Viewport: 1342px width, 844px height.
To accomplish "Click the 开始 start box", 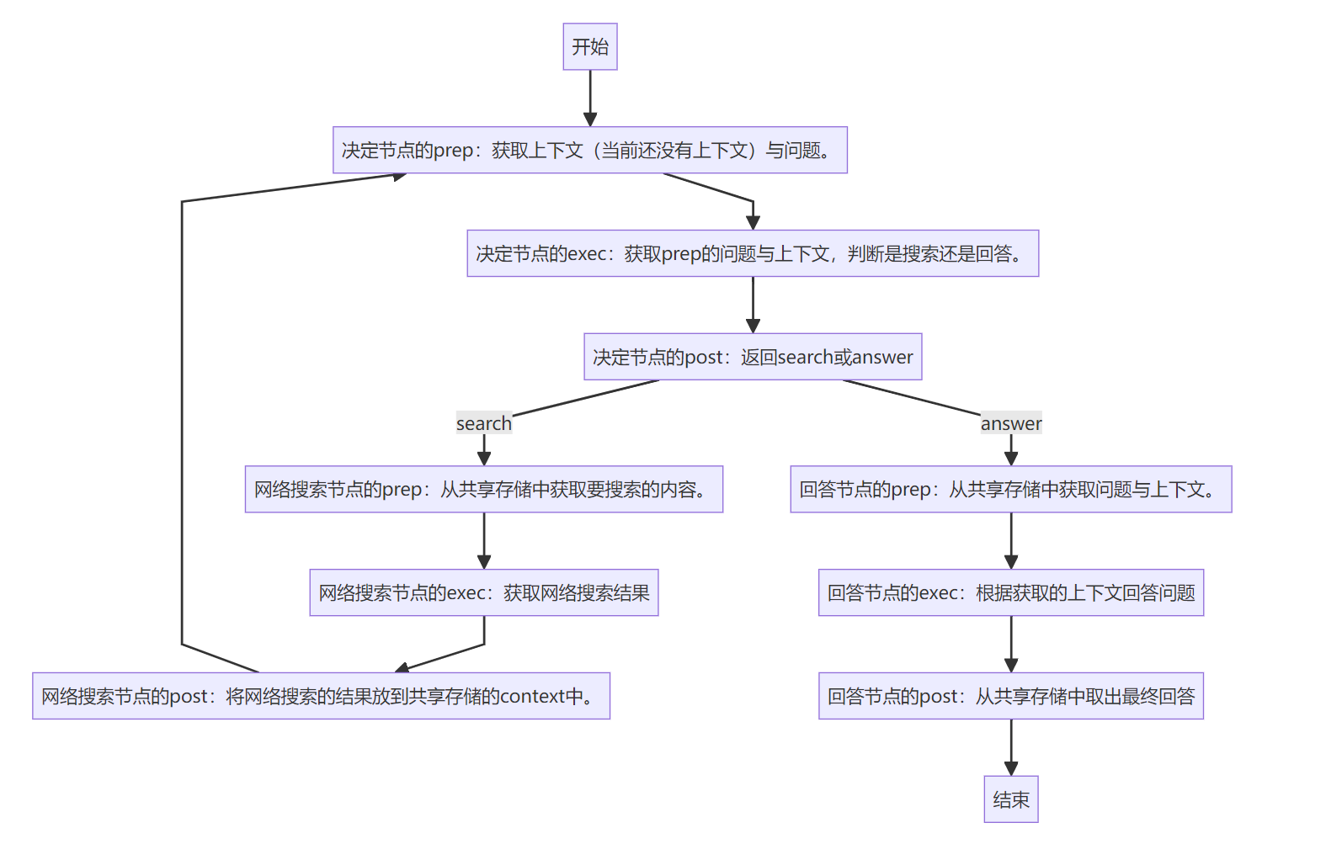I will [589, 46].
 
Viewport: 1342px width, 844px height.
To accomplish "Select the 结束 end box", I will [1010, 799].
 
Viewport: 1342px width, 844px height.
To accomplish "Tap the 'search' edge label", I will [483, 423].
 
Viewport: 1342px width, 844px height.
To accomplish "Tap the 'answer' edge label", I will [1010, 423].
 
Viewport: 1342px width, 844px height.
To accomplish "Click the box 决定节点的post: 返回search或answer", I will [752, 357].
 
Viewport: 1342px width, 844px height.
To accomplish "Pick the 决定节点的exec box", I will [752, 253].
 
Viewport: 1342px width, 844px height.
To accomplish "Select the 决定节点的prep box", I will [589, 150].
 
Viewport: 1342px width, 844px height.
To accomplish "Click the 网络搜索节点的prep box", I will [483, 489].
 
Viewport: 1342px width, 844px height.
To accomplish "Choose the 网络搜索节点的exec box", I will [483, 592].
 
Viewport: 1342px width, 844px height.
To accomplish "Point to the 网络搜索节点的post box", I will [321, 696].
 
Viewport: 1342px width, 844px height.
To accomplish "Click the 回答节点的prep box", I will [1010, 489].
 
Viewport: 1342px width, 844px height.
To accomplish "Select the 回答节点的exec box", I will [1010, 592].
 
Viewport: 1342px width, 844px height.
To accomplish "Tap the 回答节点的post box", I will [1010, 696].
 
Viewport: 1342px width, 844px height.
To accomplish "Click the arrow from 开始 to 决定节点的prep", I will [589, 97].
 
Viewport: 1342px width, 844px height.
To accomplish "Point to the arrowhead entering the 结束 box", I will [1010, 768].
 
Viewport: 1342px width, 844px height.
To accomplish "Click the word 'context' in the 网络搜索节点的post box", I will [533, 697].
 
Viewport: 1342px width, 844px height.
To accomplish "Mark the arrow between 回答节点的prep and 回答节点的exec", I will [1010, 540].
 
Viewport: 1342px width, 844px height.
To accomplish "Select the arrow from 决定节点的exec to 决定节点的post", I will [753, 304].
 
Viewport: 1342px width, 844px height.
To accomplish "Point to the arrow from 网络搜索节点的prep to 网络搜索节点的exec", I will [483, 540].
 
